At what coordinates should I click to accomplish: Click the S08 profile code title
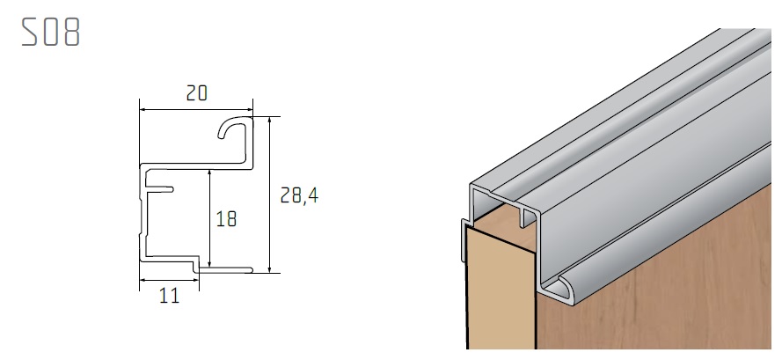click(x=51, y=33)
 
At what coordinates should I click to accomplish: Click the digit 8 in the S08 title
click(x=71, y=33)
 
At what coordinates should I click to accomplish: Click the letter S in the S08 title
click(x=30, y=33)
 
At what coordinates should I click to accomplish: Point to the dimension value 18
click(x=226, y=218)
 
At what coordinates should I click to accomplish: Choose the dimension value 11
click(x=169, y=296)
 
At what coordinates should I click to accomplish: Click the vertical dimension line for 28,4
click(x=270, y=194)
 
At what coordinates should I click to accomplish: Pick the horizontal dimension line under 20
click(x=197, y=109)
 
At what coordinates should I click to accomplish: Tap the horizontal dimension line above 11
click(x=170, y=281)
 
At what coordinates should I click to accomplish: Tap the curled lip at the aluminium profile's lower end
click(x=556, y=287)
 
